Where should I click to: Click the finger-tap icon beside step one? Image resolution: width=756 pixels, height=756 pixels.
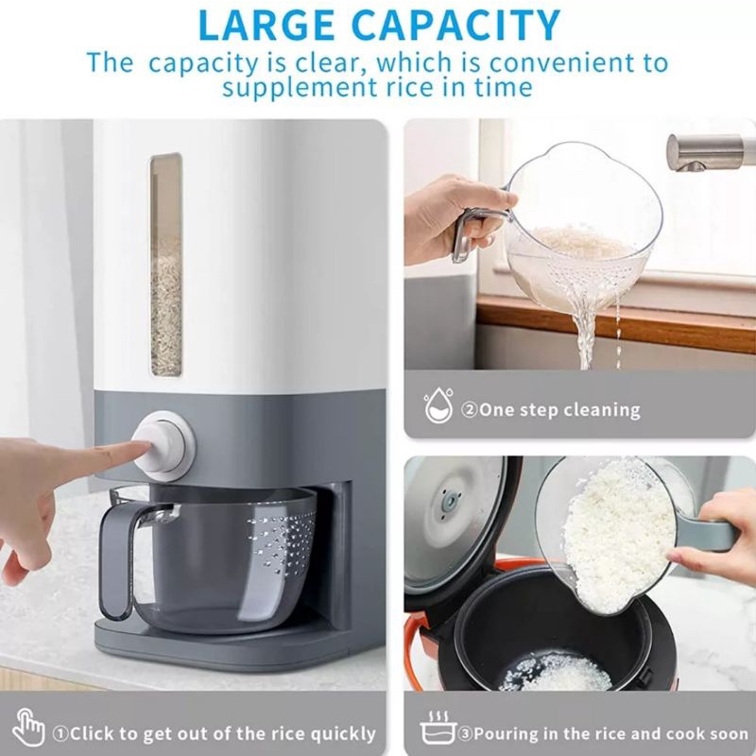[28, 730]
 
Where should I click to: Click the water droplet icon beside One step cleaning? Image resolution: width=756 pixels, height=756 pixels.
[438, 407]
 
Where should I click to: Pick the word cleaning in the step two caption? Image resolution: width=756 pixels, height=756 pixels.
[602, 410]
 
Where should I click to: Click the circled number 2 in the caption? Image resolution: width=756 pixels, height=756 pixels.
[469, 410]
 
